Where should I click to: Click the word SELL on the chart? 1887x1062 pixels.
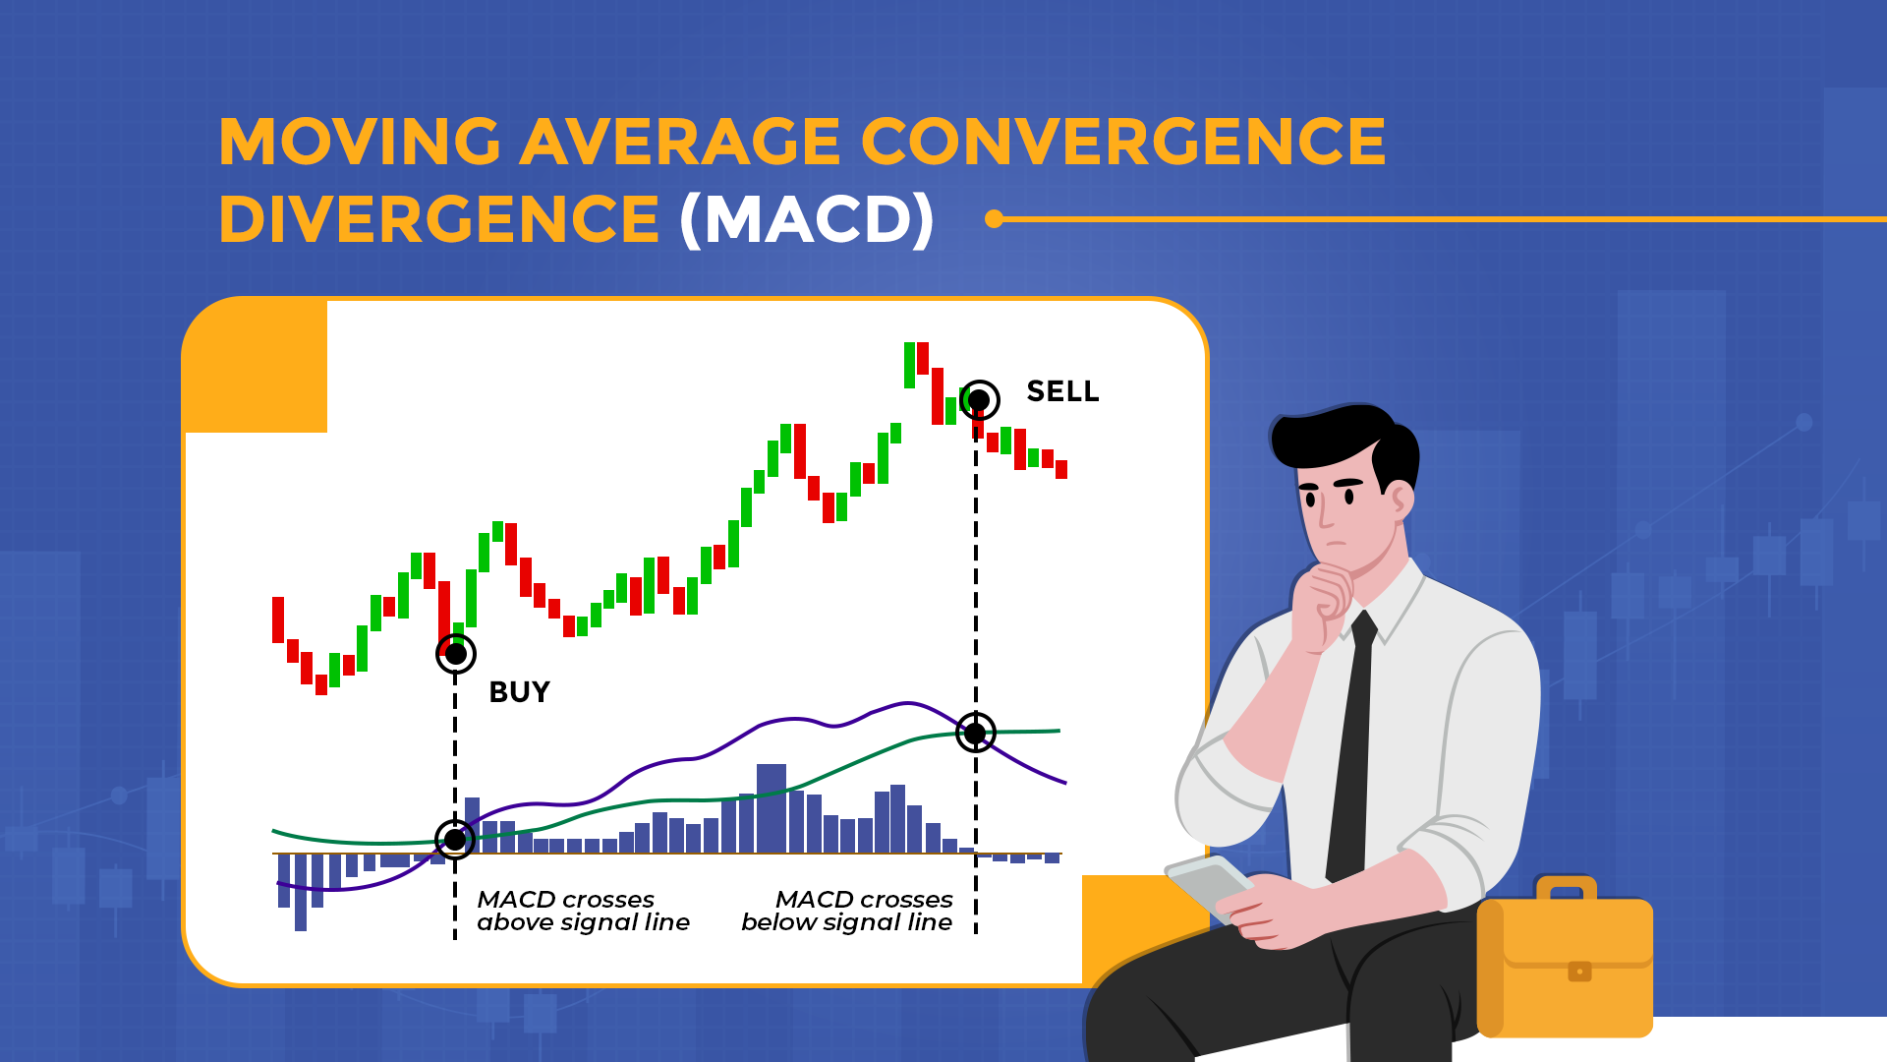tap(1062, 391)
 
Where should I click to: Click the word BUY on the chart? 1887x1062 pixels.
tap(519, 692)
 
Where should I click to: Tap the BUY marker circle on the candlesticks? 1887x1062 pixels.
tap(456, 654)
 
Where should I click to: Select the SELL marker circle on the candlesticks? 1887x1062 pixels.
tap(979, 400)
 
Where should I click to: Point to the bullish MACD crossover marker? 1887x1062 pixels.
tap(455, 840)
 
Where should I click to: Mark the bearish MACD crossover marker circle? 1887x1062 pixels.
tap(975, 733)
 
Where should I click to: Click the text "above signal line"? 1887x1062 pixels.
tap(583, 922)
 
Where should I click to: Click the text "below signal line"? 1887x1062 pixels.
tap(846, 922)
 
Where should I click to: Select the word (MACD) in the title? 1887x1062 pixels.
tap(807, 218)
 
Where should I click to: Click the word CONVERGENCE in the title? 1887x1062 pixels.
tap(1123, 142)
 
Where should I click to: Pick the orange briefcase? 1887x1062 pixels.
tap(1565, 964)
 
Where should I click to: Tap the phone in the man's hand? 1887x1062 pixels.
tap(1208, 884)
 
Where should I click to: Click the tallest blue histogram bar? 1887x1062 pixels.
tap(772, 807)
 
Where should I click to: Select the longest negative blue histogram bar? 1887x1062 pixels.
tap(301, 892)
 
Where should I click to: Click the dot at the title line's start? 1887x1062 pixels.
tap(995, 218)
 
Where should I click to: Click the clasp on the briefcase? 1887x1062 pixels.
tap(1579, 972)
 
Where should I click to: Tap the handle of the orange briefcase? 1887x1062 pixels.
tap(1566, 887)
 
